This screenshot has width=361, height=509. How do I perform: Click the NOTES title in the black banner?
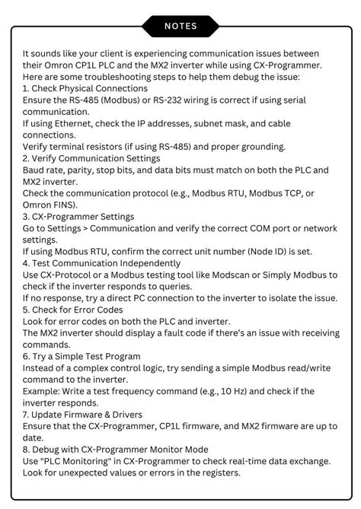click(x=180, y=26)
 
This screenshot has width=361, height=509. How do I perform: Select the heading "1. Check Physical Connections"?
click(x=85, y=89)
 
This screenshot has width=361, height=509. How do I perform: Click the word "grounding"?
click(x=258, y=147)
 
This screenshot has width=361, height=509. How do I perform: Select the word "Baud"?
click(x=35, y=170)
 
